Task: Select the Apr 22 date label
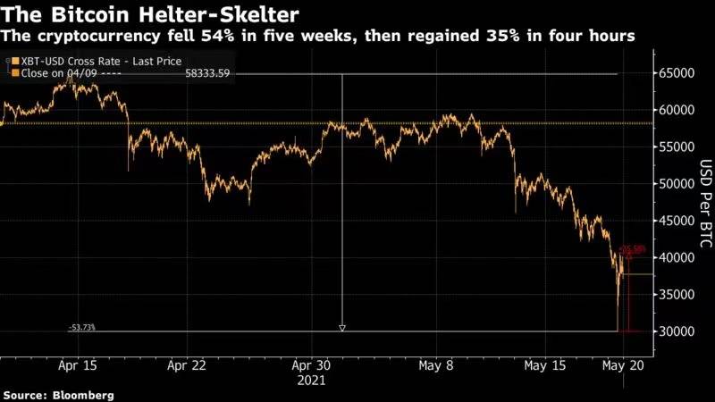(188, 365)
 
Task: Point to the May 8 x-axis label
(436, 365)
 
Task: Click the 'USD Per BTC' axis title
(703, 202)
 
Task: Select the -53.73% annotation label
(81, 328)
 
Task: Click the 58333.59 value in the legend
(208, 73)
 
